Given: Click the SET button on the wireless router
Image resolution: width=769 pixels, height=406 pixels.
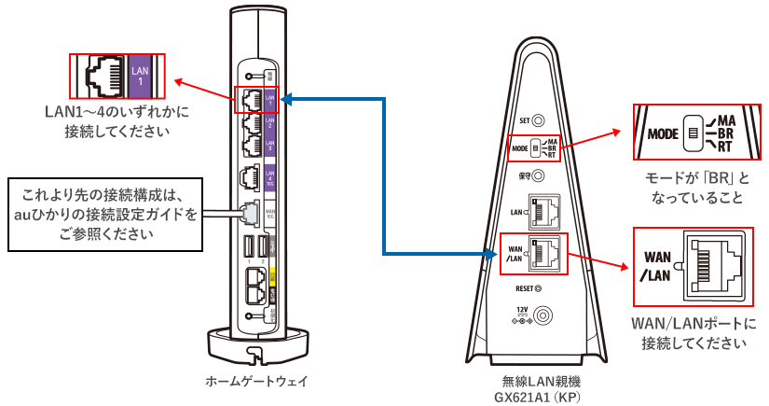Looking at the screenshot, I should (538, 120).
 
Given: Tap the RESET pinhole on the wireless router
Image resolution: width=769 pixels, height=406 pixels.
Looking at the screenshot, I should (537, 289).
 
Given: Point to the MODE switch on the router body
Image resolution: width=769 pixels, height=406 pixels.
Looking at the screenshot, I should (537, 148).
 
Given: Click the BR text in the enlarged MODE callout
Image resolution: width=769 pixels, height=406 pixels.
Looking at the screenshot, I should (736, 133).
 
